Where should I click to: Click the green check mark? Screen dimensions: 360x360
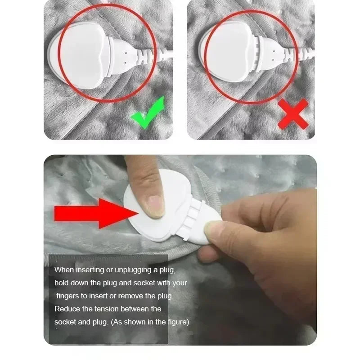tap(147, 115)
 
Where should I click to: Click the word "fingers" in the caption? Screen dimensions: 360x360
tap(69, 296)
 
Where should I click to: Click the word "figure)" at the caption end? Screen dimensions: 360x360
tap(177, 322)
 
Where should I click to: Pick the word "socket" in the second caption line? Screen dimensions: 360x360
tap(143, 283)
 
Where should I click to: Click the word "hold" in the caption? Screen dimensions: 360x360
tap(61, 283)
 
